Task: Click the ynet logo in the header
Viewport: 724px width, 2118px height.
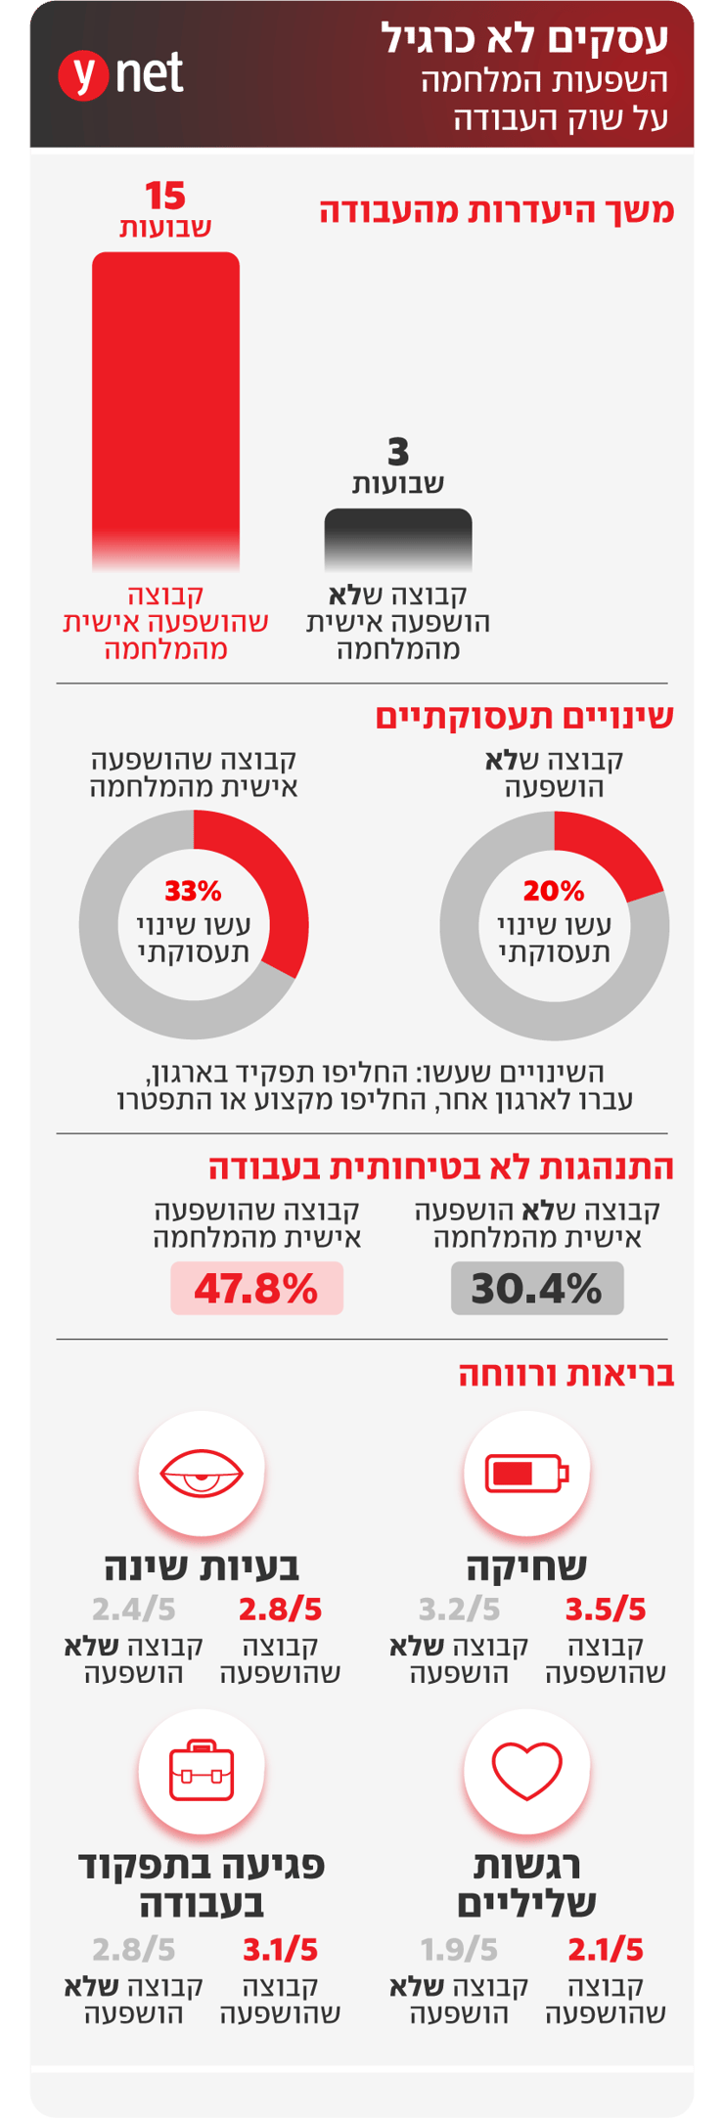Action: point(120,74)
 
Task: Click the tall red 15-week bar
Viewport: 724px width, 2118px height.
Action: point(165,411)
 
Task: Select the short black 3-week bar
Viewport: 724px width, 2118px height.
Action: point(398,539)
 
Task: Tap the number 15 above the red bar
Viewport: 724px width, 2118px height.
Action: point(165,197)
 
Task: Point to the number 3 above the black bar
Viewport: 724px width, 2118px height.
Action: point(398,453)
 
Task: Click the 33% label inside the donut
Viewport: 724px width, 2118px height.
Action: point(193,891)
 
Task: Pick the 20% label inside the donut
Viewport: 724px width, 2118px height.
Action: point(554,891)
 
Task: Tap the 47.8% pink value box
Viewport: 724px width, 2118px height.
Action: point(256,1288)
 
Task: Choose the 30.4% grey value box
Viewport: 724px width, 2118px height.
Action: point(537,1288)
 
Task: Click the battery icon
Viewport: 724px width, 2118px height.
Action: point(527,1473)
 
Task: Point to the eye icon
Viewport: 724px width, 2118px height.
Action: point(202,1473)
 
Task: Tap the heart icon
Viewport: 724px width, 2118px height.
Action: point(527,1771)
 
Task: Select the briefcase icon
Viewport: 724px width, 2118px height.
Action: point(202,1770)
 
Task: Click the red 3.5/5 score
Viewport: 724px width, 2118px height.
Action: point(606,1610)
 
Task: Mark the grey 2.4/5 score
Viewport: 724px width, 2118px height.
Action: point(133,1610)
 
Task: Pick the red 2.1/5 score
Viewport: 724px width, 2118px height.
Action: point(606,1950)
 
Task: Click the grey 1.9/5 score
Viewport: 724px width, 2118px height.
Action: point(459,1950)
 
